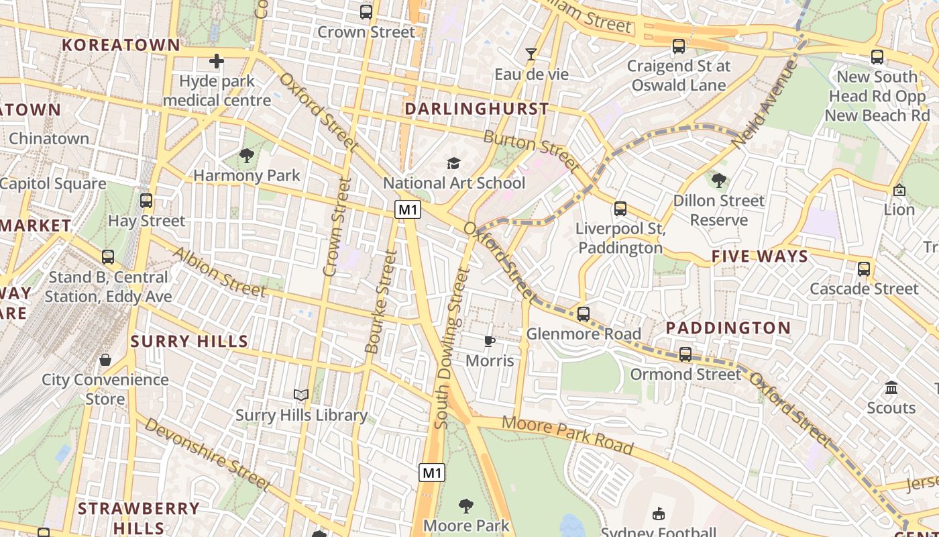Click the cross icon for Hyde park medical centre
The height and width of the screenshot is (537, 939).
point(216,62)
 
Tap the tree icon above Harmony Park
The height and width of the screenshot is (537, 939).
point(247,156)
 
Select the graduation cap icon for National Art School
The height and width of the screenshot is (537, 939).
point(454,163)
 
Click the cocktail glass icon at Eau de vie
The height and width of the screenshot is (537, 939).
point(531,54)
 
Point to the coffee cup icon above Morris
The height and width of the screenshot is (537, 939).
point(490,341)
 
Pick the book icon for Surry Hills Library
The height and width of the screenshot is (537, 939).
point(301,395)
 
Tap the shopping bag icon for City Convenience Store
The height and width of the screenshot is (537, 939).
point(105,360)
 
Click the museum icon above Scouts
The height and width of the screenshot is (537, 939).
point(891,388)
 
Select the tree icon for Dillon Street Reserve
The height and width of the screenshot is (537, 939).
point(719,181)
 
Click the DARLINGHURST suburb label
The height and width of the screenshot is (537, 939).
point(477,109)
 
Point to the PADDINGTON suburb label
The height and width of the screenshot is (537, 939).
point(728,328)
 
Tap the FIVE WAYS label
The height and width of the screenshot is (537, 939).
point(760,256)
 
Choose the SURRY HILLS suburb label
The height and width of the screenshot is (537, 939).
point(190,341)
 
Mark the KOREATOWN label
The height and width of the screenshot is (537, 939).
point(121,45)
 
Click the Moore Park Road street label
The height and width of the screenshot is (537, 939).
point(567,435)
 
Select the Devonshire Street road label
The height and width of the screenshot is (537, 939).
point(207,454)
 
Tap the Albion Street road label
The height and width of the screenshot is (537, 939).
point(219,272)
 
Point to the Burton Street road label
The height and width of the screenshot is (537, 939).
point(531,150)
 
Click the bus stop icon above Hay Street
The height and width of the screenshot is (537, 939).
point(146,201)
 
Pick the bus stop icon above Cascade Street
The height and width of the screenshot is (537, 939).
point(864,269)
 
